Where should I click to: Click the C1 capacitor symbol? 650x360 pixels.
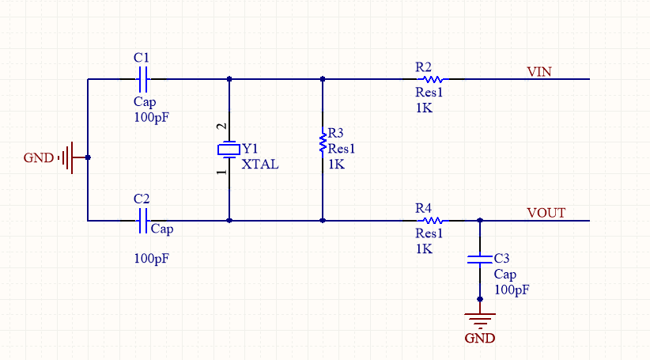click(x=142, y=79)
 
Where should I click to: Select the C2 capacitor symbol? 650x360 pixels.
click(x=142, y=221)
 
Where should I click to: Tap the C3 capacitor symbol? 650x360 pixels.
click(x=479, y=259)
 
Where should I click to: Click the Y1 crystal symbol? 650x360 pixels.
click(x=229, y=149)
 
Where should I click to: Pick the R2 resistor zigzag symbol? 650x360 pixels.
click(x=432, y=79)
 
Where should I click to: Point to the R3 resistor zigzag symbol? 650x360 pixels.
click(x=323, y=142)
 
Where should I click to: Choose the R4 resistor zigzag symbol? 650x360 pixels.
click(x=432, y=221)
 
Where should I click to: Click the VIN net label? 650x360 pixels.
click(x=539, y=71)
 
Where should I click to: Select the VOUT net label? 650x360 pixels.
click(x=546, y=213)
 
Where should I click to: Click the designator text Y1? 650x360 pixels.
click(x=251, y=149)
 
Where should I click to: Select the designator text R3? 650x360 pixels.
click(x=336, y=133)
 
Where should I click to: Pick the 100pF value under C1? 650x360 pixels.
click(x=151, y=116)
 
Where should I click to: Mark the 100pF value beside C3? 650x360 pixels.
click(x=512, y=290)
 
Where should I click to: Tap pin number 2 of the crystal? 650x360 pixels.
click(x=222, y=127)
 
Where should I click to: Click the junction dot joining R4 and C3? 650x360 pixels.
click(x=479, y=221)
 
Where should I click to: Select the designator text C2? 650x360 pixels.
click(x=142, y=199)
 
